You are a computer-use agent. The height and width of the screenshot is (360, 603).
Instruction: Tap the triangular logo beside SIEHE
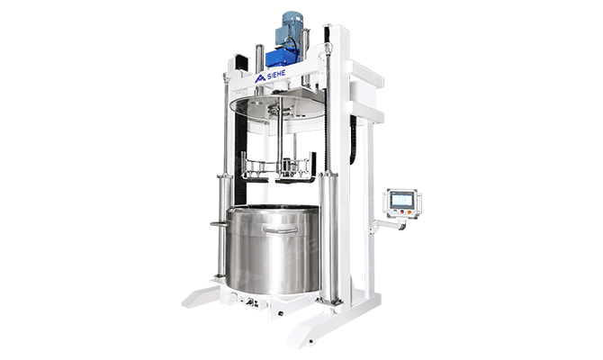pos(260,78)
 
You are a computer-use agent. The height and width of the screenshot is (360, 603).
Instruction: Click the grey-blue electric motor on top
pos(291,30)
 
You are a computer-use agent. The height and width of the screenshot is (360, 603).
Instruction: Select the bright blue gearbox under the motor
pos(283,58)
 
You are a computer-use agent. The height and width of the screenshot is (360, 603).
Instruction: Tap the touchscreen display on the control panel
pos(402,200)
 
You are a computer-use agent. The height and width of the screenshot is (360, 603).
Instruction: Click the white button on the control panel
pos(394,211)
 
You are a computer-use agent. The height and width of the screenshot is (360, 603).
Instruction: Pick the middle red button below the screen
pos(402,211)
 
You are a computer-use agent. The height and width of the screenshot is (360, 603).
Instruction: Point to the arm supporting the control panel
pos(388,225)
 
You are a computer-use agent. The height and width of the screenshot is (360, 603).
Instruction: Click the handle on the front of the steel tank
pos(281,229)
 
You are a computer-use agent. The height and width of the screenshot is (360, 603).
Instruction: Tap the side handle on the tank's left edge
pos(220,223)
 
